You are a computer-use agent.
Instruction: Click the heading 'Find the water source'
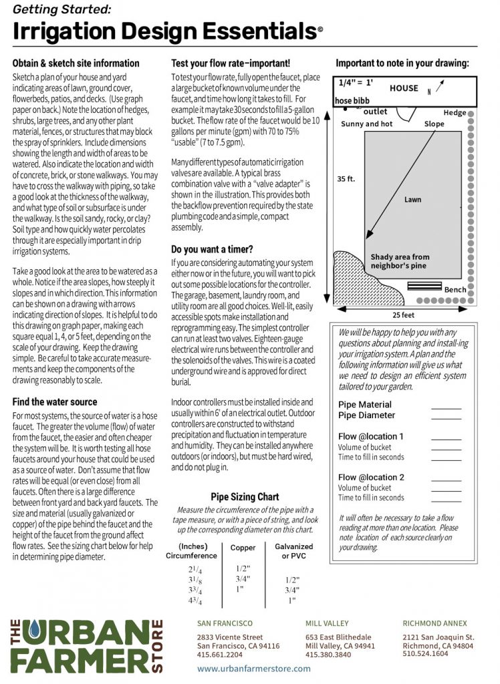[x=55, y=402]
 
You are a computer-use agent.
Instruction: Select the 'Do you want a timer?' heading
[x=212, y=249]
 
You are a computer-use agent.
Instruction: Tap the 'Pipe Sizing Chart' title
[x=245, y=497]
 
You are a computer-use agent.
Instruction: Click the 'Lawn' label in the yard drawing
[x=412, y=199]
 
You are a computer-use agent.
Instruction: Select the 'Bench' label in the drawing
[x=455, y=289]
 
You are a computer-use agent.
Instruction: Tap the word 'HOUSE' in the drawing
[x=404, y=88]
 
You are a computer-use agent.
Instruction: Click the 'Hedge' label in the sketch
[x=455, y=113]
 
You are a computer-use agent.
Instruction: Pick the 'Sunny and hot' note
[x=367, y=124]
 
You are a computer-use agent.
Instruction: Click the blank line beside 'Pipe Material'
[x=446, y=405]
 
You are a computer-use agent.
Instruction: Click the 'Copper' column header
[x=243, y=548]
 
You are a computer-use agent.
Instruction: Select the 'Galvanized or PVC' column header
[x=293, y=551]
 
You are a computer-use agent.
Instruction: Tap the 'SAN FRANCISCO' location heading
[x=225, y=623]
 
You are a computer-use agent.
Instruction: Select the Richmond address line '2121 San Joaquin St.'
[x=438, y=637]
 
